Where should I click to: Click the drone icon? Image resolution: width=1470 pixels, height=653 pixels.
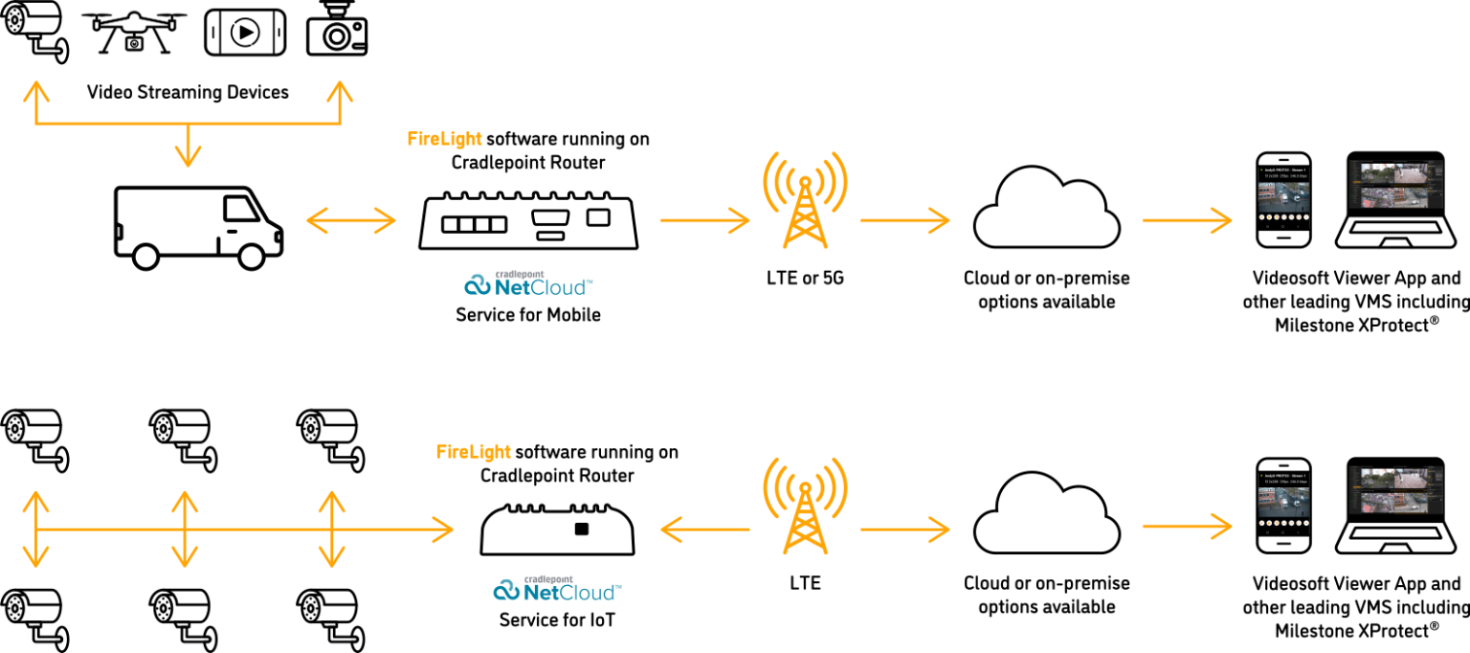click(x=134, y=31)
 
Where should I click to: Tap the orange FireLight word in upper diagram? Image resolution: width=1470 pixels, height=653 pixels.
click(x=444, y=139)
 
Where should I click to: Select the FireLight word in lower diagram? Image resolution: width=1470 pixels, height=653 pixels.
click(x=473, y=451)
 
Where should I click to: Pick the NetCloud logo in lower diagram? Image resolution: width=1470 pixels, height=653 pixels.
click(x=557, y=589)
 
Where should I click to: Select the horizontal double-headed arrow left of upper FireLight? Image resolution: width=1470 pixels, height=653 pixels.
click(x=350, y=221)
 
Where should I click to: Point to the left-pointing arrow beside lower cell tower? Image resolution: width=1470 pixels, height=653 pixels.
click(x=704, y=528)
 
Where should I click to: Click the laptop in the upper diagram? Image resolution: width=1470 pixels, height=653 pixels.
click(x=1395, y=204)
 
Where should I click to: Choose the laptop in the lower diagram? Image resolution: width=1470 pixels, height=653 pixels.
click(x=1395, y=510)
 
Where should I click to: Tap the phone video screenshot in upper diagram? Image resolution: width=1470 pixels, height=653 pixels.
click(x=1282, y=196)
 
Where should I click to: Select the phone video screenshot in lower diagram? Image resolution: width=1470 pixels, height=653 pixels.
click(x=1282, y=503)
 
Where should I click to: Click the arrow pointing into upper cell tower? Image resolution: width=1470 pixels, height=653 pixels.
click(x=704, y=221)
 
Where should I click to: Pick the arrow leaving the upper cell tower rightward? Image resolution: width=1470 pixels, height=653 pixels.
click(x=904, y=221)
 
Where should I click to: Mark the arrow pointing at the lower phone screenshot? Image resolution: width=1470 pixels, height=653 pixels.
click(x=1187, y=526)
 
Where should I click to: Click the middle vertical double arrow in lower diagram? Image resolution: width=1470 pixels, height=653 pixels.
click(x=184, y=528)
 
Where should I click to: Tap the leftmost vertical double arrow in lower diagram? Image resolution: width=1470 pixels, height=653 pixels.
click(x=35, y=528)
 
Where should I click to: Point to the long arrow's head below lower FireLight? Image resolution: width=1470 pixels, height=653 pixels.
click(x=442, y=528)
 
